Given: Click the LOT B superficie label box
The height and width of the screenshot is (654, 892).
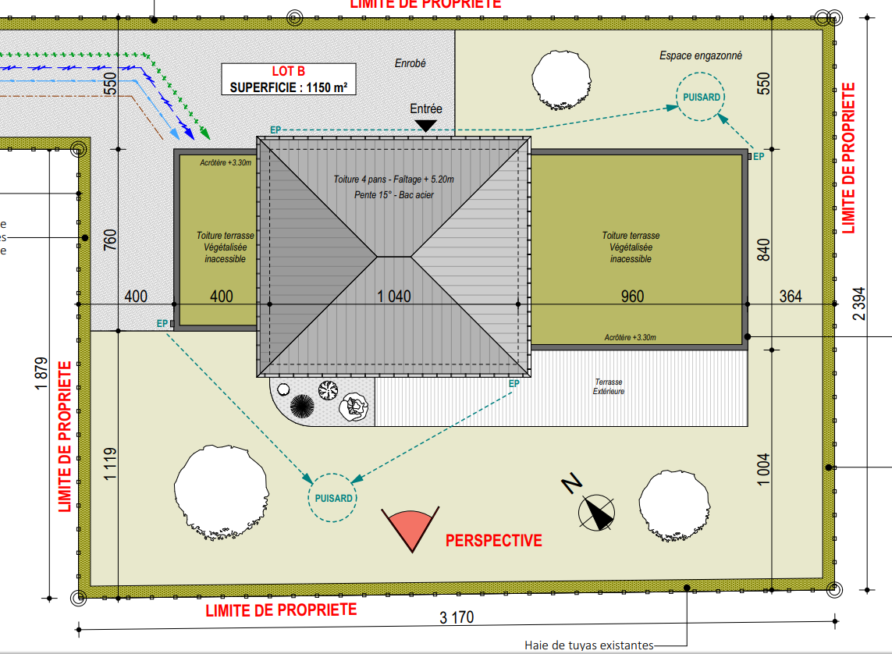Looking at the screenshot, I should (x=288, y=80).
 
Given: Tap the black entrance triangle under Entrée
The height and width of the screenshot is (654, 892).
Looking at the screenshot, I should (x=425, y=125).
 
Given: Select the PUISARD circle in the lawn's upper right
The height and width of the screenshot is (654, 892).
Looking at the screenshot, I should (x=700, y=97).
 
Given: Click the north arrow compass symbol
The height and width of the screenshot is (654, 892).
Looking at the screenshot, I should (x=597, y=513).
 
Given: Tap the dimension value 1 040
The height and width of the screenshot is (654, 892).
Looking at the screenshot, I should (x=394, y=297).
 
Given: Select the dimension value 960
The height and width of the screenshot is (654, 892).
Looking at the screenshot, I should (x=632, y=297).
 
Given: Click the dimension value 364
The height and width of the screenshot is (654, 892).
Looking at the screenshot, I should (x=790, y=297).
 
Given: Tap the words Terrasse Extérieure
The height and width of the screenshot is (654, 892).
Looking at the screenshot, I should (x=609, y=387).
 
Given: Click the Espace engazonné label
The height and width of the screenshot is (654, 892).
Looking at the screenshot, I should (x=701, y=55).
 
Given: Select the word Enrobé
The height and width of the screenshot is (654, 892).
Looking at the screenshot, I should (x=410, y=64).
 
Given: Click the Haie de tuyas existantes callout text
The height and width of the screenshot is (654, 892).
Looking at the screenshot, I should (x=588, y=645).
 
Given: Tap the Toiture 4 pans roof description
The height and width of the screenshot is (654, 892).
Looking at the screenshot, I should (x=394, y=187).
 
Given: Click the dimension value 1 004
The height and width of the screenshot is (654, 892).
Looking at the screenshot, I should (x=763, y=469).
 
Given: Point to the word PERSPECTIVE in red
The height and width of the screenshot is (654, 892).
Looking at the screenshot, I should (x=493, y=540).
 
